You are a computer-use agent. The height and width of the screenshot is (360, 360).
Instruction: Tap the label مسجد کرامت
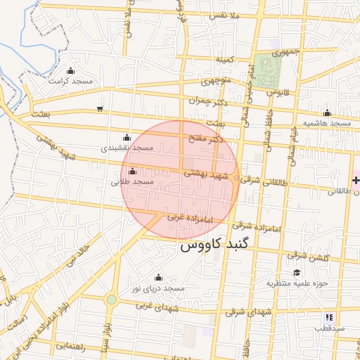click(x=70, y=81)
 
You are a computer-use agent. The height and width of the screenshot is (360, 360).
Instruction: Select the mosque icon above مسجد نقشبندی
click(x=127, y=138)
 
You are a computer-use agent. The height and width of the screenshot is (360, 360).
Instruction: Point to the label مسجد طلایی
click(x=132, y=182)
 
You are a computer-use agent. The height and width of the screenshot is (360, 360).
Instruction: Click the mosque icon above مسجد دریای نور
click(x=157, y=277)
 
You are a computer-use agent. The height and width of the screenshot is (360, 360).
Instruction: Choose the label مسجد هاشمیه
click(x=327, y=123)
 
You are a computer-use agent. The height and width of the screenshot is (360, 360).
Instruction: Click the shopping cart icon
click(x=100, y=109)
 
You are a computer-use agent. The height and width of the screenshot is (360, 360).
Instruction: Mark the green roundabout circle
click(x=111, y=300)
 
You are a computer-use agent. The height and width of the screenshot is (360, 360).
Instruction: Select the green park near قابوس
click(x=267, y=70)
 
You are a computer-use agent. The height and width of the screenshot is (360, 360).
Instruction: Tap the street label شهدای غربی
click(x=154, y=306)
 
